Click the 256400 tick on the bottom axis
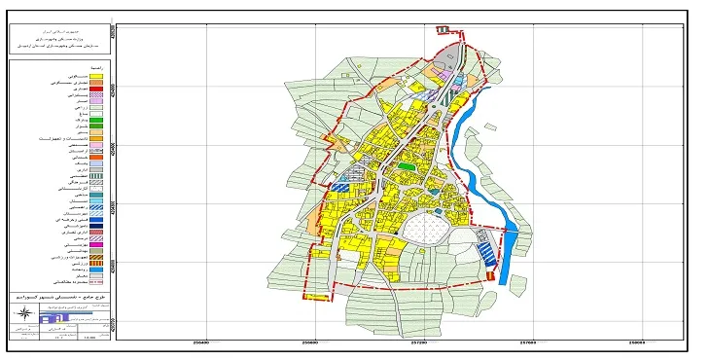point(202,342)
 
